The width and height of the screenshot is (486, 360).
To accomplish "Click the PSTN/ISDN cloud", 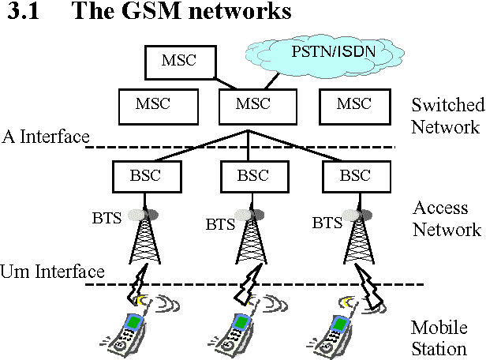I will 319,55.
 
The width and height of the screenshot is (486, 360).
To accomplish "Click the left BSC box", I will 143,175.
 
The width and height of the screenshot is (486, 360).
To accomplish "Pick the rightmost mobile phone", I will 337,332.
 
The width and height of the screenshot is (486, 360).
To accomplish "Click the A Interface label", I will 45,137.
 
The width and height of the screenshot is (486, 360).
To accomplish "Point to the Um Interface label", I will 52,272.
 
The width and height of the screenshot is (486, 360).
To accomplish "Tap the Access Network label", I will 447,219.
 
